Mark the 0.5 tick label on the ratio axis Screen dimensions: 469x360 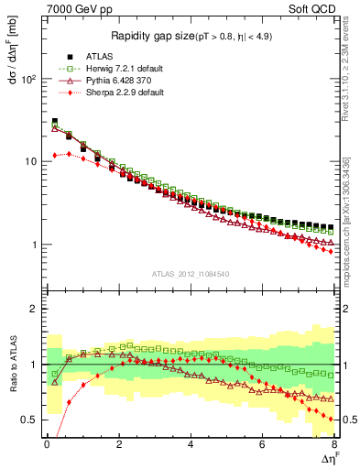[27, 420]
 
